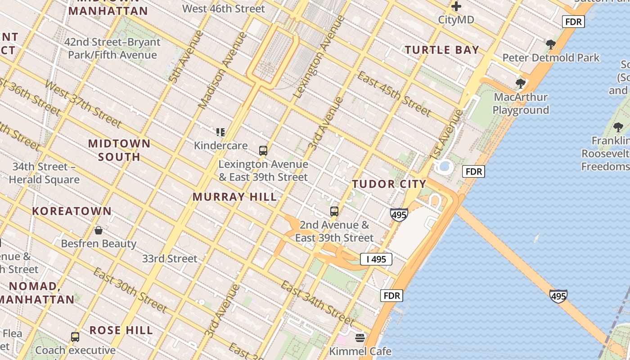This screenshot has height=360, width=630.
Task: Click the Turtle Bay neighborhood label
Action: [x=442, y=50]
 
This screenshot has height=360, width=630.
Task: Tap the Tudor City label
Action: [x=389, y=184]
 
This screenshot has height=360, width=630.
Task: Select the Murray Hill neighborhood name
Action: [x=234, y=197]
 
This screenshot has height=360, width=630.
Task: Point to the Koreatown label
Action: [x=72, y=211]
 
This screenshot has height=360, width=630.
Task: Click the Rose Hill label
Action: [x=121, y=330]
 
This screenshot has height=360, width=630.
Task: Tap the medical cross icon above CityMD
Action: [x=456, y=6]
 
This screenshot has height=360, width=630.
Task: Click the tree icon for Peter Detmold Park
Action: [x=550, y=44]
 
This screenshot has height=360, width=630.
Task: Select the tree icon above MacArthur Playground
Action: [x=521, y=83]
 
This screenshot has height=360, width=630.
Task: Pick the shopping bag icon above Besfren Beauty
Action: [x=99, y=230]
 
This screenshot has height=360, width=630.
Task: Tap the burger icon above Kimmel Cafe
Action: [x=360, y=337]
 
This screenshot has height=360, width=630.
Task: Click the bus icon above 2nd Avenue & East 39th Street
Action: [x=334, y=211]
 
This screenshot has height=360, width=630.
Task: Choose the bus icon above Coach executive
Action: [x=75, y=337]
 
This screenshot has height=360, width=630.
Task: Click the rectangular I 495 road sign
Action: [x=376, y=259]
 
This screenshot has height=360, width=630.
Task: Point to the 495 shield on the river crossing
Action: [x=558, y=296]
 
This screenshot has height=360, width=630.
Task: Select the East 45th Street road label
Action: [x=394, y=93]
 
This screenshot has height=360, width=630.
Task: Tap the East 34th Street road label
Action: [x=317, y=302]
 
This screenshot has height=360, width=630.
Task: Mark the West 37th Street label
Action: [x=83, y=104]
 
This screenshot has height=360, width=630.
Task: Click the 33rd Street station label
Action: [x=170, y=259]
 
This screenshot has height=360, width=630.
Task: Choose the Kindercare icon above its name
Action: [x=220, y=132]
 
